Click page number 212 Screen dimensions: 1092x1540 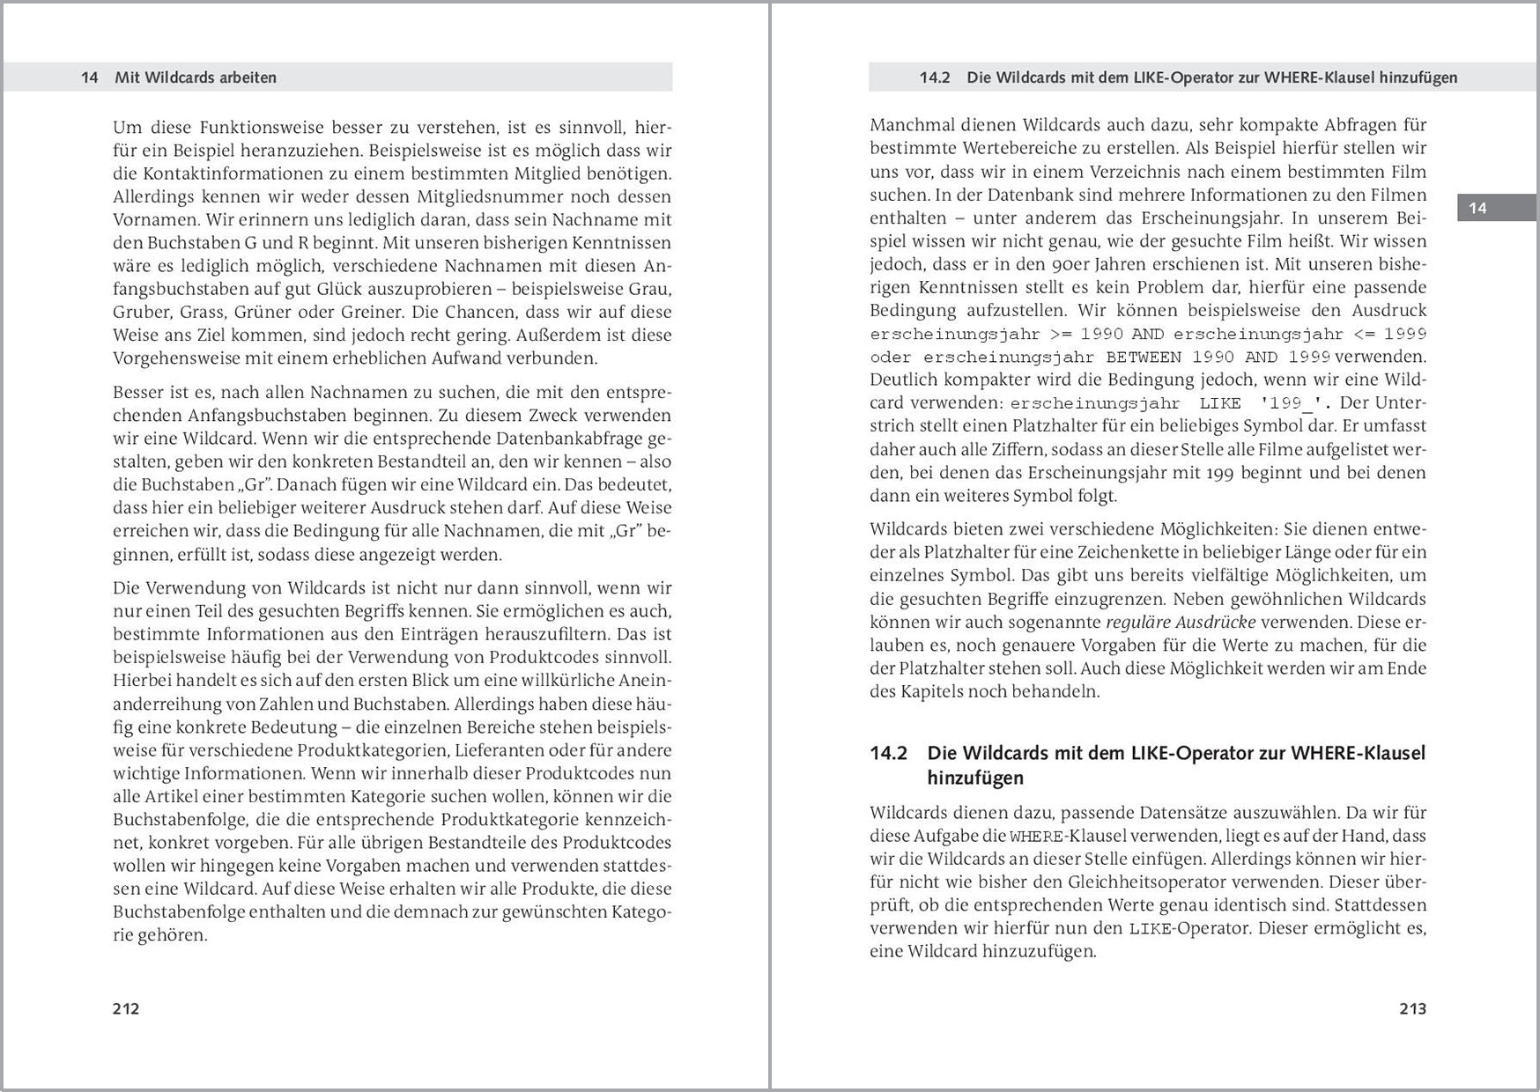pyautogui.click(x=126, y=1008)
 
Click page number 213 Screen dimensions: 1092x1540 pyautogui.click(x=1412, y=1008)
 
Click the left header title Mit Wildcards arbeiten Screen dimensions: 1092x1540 pyautogui.click(x=196, y=77)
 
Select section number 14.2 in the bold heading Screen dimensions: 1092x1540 pyautogui.click(x=888, y=753)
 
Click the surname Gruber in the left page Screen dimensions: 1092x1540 pyautogui.click(x=141, y=312)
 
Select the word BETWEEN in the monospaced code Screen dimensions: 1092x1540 pyautogui.click(x=1144, y=357)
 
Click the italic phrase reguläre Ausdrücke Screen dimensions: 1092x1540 pyautogui.click(x=1181, y=622)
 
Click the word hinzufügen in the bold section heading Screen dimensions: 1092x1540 pyautogui.click(x=975, y=778)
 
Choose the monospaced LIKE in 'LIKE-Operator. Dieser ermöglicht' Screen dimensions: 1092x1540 pyautogui.click(x=1150, y=928)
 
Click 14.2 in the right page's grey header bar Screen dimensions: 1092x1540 pyautogui.click(x=935, y=77)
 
